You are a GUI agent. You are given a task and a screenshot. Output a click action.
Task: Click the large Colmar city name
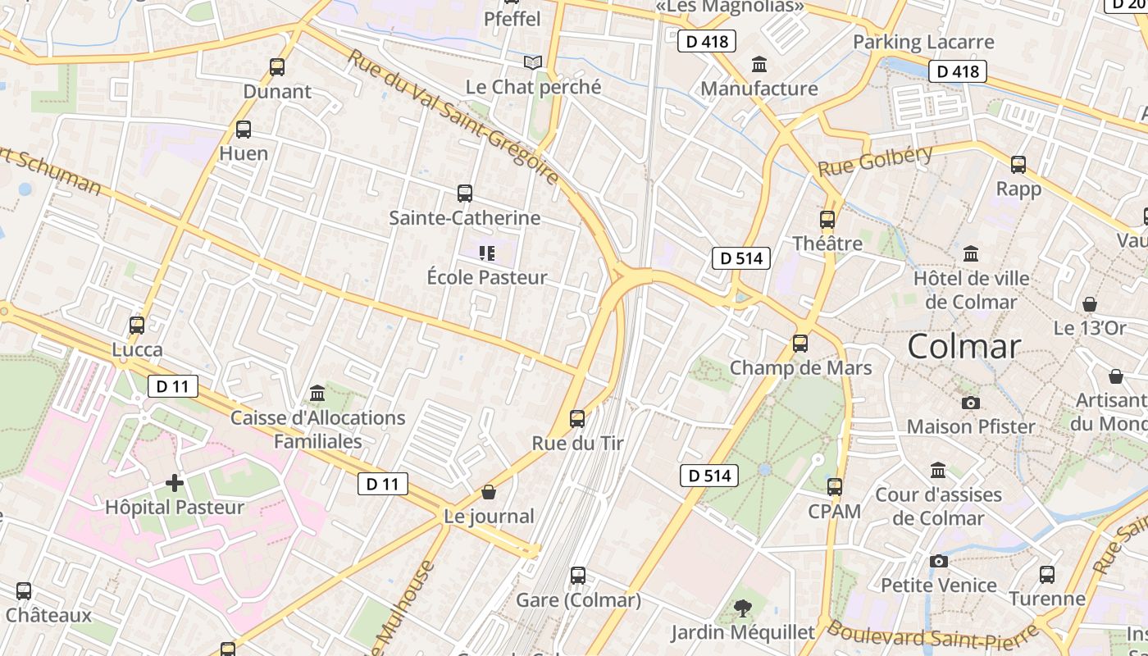click(x=964, y=346)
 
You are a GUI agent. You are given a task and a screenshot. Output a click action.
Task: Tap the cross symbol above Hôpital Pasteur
click(x=174, y=482)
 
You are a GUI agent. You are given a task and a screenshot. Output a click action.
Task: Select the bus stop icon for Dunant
click(x=277, y=67)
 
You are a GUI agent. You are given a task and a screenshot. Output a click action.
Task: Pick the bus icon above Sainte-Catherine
click(x=464, y=194)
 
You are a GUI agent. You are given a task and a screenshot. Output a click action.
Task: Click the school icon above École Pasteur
click(x=487, y=253)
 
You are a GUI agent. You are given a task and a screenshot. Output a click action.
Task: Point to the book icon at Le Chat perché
click(x=533, y=62)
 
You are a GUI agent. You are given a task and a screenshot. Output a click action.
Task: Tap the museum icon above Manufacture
click(x=759, y=64)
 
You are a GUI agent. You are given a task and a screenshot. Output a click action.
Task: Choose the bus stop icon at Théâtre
click(x=827, y=220)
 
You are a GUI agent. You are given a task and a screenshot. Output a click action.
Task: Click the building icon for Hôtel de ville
click(x=971, y=254)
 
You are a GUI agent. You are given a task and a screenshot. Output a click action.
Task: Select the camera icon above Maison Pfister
click(x=971, y=403)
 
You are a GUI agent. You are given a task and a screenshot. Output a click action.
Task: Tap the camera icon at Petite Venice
click(x=939, y=561)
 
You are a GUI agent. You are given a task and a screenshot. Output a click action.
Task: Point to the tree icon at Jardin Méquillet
click(x=743, y=608)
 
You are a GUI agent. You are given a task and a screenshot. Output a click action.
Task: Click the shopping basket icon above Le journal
click(x=489, y=492)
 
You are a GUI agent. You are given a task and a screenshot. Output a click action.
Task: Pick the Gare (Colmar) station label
click(x=578, y=600)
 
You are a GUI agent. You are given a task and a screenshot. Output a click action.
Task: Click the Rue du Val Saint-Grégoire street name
click(x=453, y=116)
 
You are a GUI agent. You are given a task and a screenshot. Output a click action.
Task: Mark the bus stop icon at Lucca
click(x=137, y=326)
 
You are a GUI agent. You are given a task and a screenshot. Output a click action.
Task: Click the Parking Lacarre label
click(x=923, y=42)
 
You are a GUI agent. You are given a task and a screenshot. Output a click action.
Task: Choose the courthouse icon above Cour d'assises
click(x=938, y=471)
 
